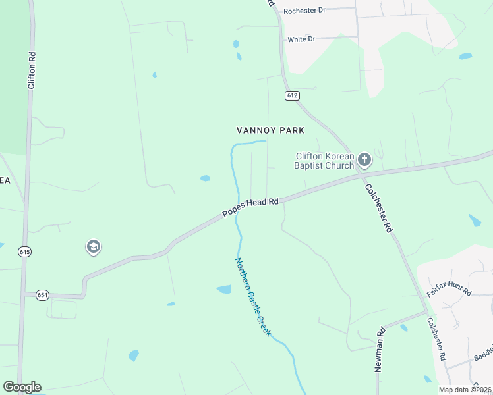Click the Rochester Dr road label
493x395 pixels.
pos(304,11)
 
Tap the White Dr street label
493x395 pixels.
pos(301,39)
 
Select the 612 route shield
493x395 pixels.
pos(293,95)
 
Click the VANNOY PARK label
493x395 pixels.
pos(270,130)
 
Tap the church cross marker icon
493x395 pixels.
pos(364,159)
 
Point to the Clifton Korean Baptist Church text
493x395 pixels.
pos(324,161)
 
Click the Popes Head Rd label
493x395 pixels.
pos(250,207)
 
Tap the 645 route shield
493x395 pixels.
pos(25,252)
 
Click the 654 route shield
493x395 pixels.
pos(42,295)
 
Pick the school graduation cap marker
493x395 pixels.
pos(93,248)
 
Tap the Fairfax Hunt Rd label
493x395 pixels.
pos(449,287)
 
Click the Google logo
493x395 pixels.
pos(22,387)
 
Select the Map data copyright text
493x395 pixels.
pos(464,390)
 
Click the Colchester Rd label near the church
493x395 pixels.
pos(379,207)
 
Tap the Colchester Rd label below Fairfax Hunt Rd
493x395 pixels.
pos(436,339)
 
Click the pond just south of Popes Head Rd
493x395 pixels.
pos(224,289)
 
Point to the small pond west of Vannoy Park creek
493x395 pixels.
pos(205,178)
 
